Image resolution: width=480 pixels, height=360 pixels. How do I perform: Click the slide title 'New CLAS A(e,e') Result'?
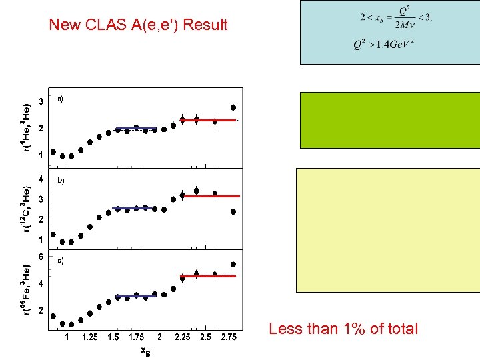point(139,25)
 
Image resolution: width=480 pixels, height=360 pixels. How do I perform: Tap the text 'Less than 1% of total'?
point(343,329)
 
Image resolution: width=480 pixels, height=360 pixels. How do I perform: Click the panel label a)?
point(60,99)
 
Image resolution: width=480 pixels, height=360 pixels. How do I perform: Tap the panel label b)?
point(60,180)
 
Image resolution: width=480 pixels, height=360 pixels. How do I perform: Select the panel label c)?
point(60,261)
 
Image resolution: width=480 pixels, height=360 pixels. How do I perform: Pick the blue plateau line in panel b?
point(136,209)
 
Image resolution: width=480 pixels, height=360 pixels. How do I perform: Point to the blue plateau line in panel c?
point(136,296)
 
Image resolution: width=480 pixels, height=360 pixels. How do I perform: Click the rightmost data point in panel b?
point(233,212)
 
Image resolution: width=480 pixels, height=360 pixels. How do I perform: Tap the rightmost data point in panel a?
point(233,107)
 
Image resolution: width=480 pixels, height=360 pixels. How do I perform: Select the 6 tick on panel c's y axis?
point(41,256)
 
